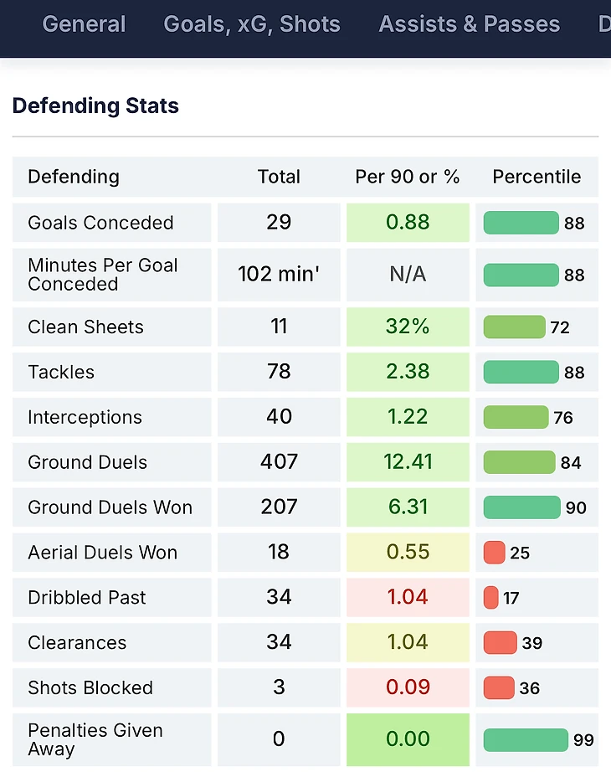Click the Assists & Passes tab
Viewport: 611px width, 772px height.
tap(469, 23)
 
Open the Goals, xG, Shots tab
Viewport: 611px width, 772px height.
tap(252, 23)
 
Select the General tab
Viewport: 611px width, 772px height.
tap(84, 23)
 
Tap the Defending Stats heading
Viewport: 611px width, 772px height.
tap(95, 106)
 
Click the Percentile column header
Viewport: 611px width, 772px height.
tap(537, 177)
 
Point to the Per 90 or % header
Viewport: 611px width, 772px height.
tap(408, 177)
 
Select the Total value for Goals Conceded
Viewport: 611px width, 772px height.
tap(279, 222)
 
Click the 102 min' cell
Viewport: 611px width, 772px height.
tap(279, 274)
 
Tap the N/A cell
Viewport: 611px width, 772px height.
tap(408, 274)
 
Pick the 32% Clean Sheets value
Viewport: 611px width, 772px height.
tap(408, 327)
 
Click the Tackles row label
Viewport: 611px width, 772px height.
tap(61, 372)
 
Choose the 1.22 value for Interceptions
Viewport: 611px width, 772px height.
tap(408, 417)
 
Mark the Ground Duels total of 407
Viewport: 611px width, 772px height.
tap(279, 462)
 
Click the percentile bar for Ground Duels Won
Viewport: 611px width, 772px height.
tap(521, 507)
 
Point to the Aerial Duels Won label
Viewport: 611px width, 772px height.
tap(102, 553)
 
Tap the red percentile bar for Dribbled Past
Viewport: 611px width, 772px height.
tap(491, 598)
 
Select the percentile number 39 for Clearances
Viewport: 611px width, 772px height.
tap(531, 643)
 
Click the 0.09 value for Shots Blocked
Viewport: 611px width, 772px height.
tap(408, 688)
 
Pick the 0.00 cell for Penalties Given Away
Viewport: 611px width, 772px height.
tap(408, 739)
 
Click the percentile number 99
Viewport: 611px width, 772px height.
tap(583, 740)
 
